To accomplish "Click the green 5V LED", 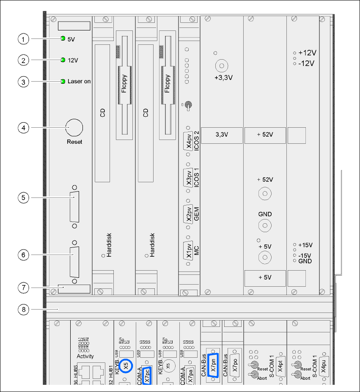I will [x=63, y=38].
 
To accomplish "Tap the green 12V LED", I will [x=63, y=60].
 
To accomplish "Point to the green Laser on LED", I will [x=63, y=81].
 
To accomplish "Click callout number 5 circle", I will [x=24, y=197].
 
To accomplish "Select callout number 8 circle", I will [x=24, y=309].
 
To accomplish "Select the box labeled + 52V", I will [x=265, y=134].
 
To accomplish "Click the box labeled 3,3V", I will [x=222, y=134].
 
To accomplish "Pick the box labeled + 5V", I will [x=265, y=277].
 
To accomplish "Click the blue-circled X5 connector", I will [x=126, y=365].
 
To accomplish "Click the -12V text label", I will [x=307, y=63].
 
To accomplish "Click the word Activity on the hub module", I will [x=85, y=356].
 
